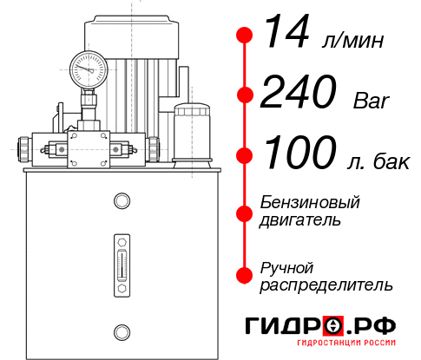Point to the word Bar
click(372, 101)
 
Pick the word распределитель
click(326, 284)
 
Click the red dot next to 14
click(245, 36)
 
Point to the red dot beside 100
click(245, 155)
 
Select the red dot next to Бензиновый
click(245, 211)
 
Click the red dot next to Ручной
click(245, 275)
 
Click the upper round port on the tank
click(122, 202)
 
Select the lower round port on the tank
click(122, 331)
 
